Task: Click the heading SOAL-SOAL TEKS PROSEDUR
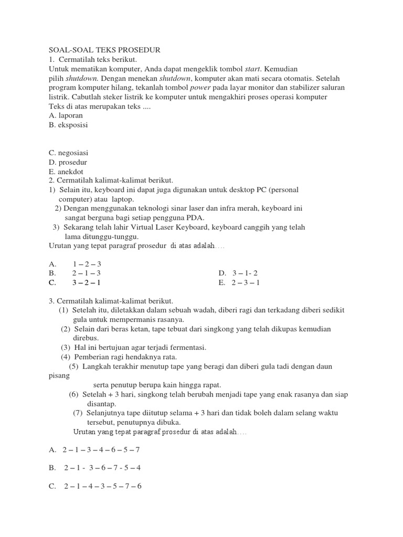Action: pyautogui.click(x=104, y=50)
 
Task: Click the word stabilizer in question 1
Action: pyautogui.click(x=300, y=88)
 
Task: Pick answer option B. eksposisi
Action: pyautogui.click(x=69, y=125)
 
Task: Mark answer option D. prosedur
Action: pyautogui.click(x=68, y=162)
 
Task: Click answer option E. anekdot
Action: pyautogui.click(x=66, y=171)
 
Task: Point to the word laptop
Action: pyautogui.click(x=123, y=199)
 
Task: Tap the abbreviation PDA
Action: pyautogui.click(x=195, y=218)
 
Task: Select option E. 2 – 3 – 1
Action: pyautogui.click(x=239, y=283)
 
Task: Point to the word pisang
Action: pyautogui.click(x=59, y=375)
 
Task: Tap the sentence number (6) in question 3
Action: pyautogui.click(x=73, y=394)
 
